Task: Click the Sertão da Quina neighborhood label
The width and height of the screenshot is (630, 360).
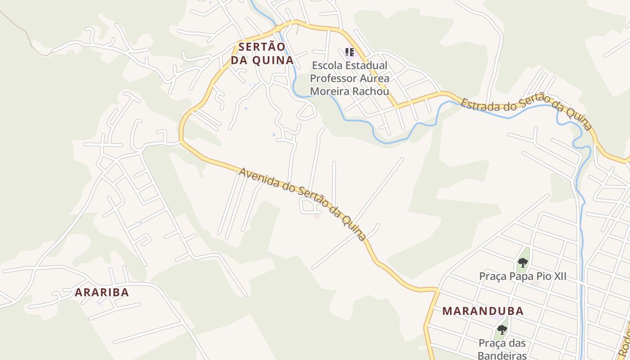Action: coord(261,54)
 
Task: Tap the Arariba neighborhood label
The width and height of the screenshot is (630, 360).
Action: coord(102,292)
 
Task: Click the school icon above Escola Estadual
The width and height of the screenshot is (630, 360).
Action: coord(350,53)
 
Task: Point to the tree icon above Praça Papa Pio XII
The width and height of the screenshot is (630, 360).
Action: coord(522,262)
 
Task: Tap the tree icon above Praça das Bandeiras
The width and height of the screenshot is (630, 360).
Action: coord(502,330)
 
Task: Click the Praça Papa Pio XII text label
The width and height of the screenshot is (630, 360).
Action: coord(522,276)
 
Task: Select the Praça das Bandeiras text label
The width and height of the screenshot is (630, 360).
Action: coord(502,349)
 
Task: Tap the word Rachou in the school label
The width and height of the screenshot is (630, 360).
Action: coord(372,91)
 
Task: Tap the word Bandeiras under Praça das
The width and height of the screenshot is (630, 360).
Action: coord(502,355)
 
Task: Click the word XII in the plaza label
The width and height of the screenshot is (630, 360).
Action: coord(558,276)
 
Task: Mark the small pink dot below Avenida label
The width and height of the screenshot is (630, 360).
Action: coord(316,216)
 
